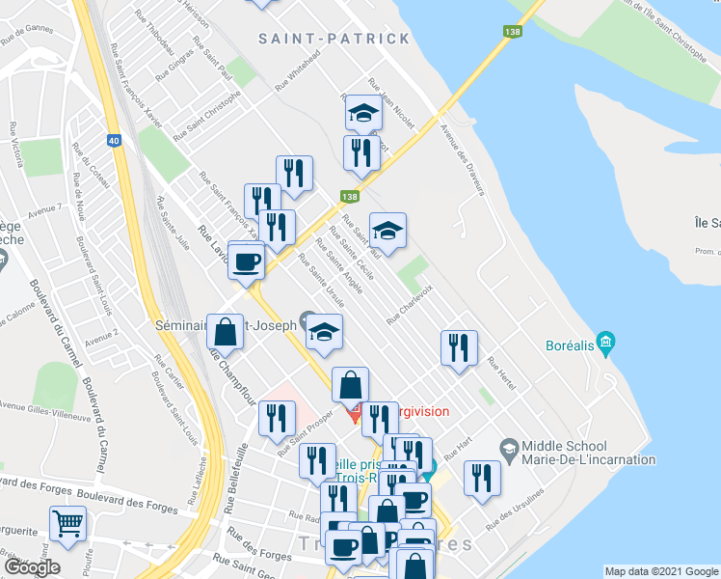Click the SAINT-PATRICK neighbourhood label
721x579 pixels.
pos(334,39)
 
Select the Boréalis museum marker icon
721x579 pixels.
pos(605,342)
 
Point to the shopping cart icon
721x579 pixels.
pos(67,523)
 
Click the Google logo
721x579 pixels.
pos(31,566)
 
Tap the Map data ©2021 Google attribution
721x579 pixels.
pos(660,571)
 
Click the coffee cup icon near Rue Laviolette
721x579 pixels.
pos(247,261)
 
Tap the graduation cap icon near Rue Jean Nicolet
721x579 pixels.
pos(363,115)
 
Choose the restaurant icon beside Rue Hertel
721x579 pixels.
pos(459,347)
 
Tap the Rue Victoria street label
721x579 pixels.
pos(15,144)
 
